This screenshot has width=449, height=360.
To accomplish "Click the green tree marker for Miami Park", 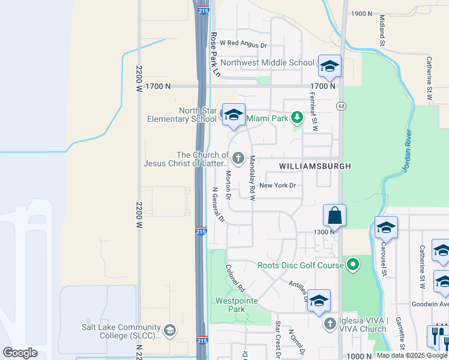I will [296, 117].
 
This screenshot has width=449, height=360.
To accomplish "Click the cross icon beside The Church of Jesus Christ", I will [238, 159].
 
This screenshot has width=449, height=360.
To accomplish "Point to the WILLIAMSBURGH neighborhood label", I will [315, 166].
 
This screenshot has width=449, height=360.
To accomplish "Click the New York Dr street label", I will [277, 185].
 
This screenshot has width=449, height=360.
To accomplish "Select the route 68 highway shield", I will [341, 106].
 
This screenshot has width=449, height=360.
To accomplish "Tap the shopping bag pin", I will [334, 215].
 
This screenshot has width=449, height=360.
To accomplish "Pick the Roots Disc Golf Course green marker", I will [353, 263].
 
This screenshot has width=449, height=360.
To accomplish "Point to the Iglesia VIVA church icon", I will [330, 324].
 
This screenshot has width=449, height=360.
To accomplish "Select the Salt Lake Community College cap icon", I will [170, 331].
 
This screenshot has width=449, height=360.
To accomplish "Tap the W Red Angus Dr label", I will [243, 44].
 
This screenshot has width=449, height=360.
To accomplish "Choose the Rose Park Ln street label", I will [214, 55].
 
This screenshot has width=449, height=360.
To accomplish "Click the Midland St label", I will [382, 28].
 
